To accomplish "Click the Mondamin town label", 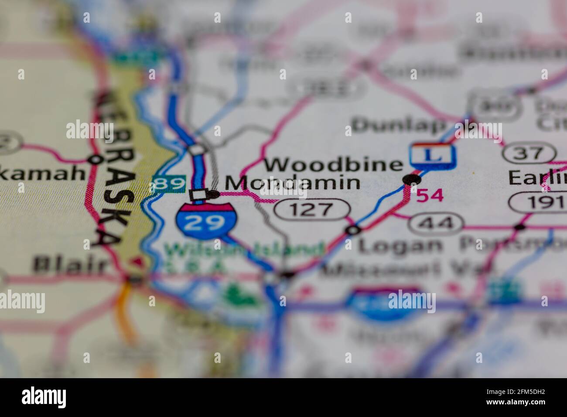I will [x=292, y=183].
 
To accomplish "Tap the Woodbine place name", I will [x=334, y=164].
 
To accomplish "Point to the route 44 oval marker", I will [x=436, y=223].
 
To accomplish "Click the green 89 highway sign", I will [x=169, y=184].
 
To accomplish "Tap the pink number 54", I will [x=430, y=196].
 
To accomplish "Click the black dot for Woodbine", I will [x=412, y=179].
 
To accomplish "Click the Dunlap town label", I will [x=398, y=125].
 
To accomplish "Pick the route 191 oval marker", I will [x=539, y=203].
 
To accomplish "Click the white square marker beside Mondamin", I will [x=198, y=195].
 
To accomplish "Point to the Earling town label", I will [x=537, y=178].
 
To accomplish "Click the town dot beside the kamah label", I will [x=94, y=159].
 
